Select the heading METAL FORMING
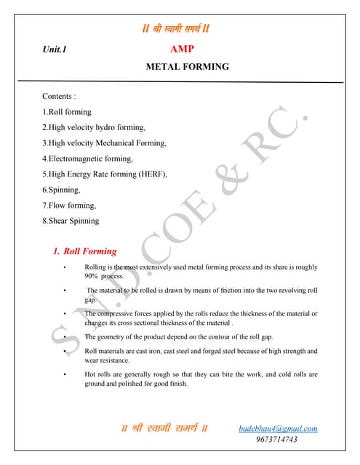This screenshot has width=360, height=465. (x=188, y=67)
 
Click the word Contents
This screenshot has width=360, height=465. (x=59, y=96)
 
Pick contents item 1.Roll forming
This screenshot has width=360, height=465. (x=67, y=112)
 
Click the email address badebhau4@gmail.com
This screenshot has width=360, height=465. (x=278, y=429)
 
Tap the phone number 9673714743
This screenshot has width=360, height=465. (x=276, y=440)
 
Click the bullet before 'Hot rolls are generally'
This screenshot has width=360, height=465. (x=65, y=375)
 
